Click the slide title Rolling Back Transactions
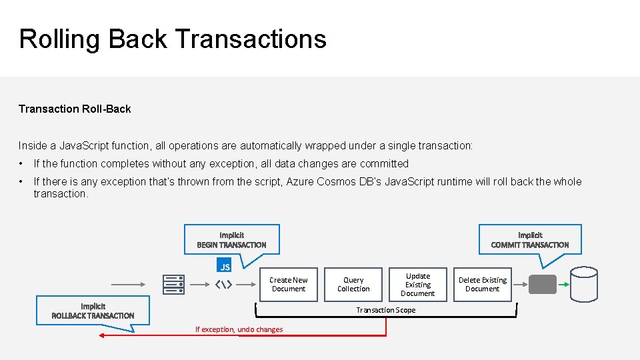[x=173, y=39]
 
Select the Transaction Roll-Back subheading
[x=75, y=109]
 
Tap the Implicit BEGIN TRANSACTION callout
[x=231, y=240]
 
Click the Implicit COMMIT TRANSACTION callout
[x=530, y=240]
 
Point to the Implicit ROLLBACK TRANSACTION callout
[x=93, y=311]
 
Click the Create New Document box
[x=289, y=285]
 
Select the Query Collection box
[x=353, y=285]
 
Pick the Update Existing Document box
[x=418, y=285]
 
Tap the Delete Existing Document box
[x=483, y=285]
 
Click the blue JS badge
[x=225, y=267]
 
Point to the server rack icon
[x=173, y=285]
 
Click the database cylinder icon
[x=584, y=285]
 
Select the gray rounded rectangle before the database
[x=542, y=285]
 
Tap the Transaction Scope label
[x=385, y=310]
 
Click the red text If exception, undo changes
[x=239, y=329]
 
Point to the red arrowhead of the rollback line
[x=103, y=336]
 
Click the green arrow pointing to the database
[x=564, y=285]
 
